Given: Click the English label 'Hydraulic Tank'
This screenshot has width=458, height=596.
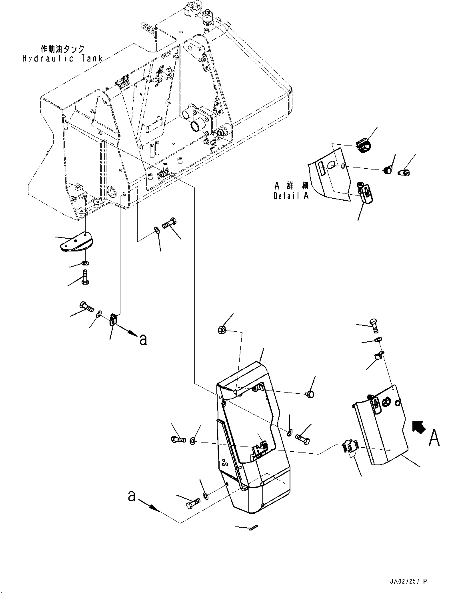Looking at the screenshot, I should pyautogui.click(x=62, y=58).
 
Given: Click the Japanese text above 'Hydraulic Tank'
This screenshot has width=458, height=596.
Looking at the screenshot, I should pyautogui.click(x=63, y=49).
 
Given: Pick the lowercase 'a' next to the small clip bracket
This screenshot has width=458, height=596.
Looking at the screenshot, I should pyautogui.click(x=143, y=339).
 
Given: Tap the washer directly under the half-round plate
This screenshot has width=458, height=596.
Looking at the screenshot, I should pyautogui.click(x=85, y=263).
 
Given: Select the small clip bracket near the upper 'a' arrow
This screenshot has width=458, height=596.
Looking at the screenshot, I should pyautogui.click(x=113, y=319).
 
